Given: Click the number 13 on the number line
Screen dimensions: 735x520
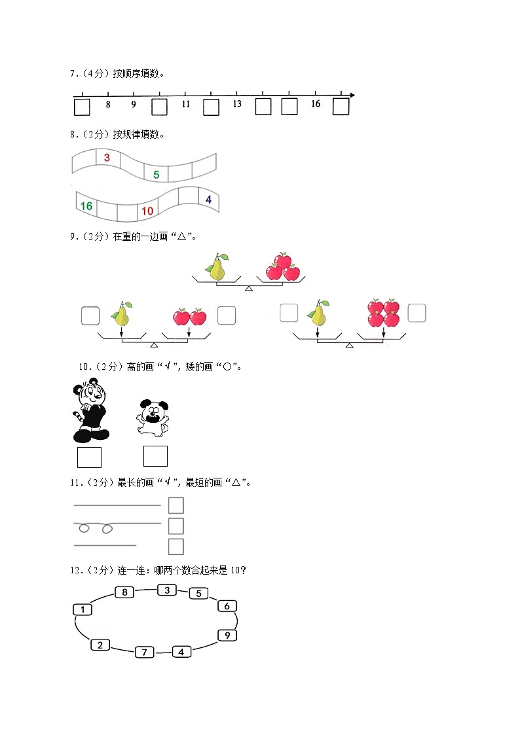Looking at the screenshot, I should [237, 104].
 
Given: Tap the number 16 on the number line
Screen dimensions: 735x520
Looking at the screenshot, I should [316, 104].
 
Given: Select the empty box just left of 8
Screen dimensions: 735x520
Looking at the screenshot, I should [81, 107].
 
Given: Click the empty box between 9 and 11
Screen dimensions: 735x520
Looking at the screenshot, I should [159, 107].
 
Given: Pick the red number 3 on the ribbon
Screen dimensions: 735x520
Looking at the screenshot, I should [107, 158].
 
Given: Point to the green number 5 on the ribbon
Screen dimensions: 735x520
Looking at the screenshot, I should [156, 175].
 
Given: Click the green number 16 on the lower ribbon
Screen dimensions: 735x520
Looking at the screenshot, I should [86, 206].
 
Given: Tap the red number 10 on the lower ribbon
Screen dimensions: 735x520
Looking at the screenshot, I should [147, 211].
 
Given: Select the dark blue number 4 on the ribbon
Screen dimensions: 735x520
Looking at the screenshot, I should [208, 199].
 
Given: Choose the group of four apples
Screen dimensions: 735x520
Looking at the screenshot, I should [384, 313].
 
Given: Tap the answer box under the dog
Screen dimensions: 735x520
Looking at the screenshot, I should [155, 456].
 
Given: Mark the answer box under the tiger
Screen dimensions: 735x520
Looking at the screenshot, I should [89, 457].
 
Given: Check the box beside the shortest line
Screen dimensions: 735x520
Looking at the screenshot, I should [176, 547].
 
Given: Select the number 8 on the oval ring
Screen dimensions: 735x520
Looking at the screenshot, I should [124, 592].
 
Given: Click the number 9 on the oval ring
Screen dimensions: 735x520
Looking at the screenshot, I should [227, 635].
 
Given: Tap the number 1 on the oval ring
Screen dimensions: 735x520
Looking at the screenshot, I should [82, 610].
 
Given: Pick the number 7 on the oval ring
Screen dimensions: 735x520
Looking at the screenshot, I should [144, 652].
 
